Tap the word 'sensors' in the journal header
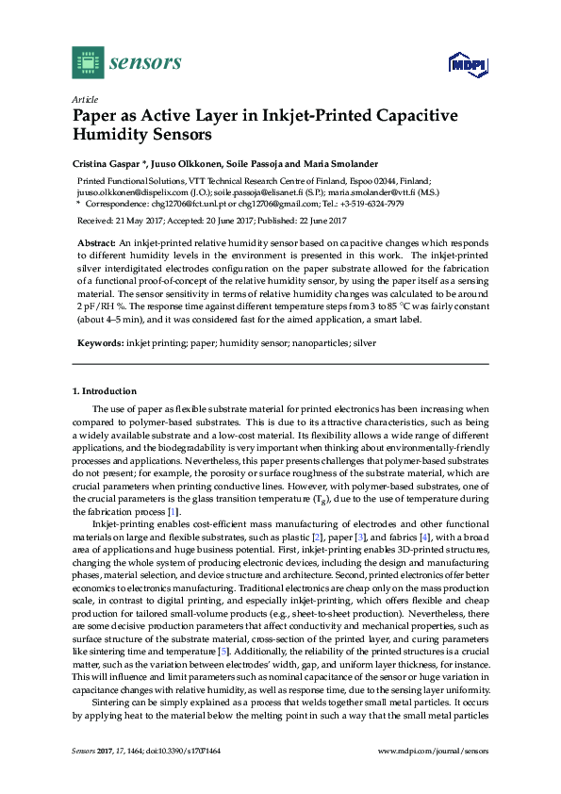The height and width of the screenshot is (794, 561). [x=145, y=63]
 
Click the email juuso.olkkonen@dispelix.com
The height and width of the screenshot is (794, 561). [x=127, y=191]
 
